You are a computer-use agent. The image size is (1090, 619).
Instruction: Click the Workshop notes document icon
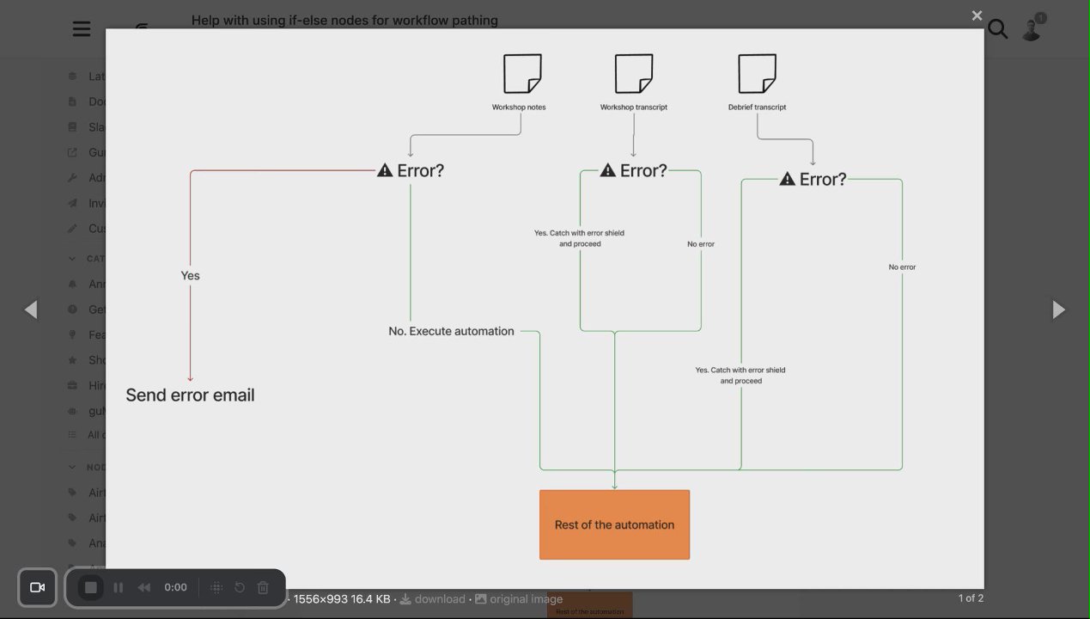pyautogui.click(x=522, y=74)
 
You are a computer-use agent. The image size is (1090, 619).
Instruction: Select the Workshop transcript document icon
pyautogui.click(x=634, y=74)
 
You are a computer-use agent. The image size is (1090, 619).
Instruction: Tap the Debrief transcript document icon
pyautogui.click(x=757, y=74)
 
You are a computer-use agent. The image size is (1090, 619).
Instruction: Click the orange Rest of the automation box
pyautogui.click(x=614, y=524)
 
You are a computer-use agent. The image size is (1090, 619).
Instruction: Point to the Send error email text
pyautogui.click(x=190, y=395)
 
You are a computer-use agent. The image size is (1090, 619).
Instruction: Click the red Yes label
pyautogui.click(x=190, y=276)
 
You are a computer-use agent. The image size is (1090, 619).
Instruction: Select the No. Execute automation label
pyautogui.click(x=451, y=331)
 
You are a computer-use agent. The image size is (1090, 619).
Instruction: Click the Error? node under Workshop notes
pyautogui.click(x=411, y=171)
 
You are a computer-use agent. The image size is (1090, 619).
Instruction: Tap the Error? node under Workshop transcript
pyautogui.click(x=634, y=171)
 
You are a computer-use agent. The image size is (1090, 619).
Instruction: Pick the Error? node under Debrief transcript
pyautogui.click(x=813, y=180)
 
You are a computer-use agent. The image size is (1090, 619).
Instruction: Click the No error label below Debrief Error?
pyautogui.click(x=902, y=267)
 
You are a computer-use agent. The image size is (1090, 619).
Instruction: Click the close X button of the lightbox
pyautogui.click(x=977, y=15)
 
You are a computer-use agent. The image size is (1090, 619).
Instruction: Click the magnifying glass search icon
pyautogui.click(x=997, y=29)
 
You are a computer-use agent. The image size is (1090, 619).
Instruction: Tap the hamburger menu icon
pyautogui.click(x=82, y=29)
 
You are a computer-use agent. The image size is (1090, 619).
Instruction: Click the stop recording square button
pyautogui.click(x=90, y=587)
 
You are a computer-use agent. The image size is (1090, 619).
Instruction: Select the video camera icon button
pyautogui.click(x=37, y=587)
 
